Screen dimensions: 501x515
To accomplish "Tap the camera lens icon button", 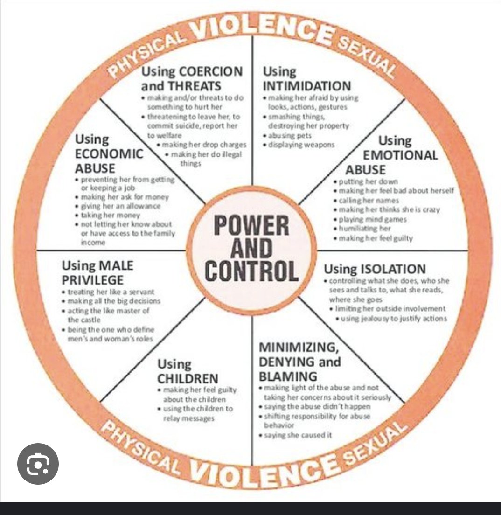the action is [x=38, y=464].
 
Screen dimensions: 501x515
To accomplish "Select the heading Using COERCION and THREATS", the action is [x=192, y=79].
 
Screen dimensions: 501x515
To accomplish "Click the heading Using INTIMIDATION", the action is [x=306, y=79].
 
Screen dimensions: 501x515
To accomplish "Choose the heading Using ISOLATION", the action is [x=375, y=269].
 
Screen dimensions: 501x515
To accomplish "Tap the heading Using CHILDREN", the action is [x=188, y=370].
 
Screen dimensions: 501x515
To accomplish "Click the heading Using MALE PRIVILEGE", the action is [x=97, y=272].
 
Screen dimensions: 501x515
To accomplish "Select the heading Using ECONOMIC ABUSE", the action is [x=109, y=153].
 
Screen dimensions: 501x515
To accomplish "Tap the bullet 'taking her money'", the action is [x=111, y=215].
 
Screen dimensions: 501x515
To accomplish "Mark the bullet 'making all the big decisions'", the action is [x=114, y=301].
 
